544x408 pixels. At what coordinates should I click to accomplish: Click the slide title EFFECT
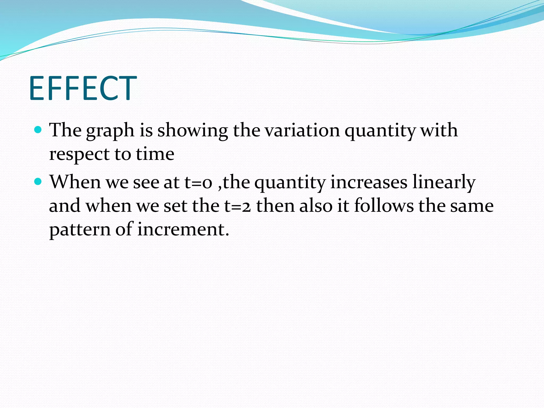(x=83, y=88)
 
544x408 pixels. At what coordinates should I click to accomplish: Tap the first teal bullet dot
(x=38, y=130)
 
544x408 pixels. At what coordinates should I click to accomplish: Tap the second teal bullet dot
(x=38, y=182)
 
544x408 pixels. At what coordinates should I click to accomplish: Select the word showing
(x=193, y=131)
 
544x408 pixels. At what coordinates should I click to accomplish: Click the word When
(x=75, y=182)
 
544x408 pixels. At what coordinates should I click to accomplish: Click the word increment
(x=183, y=229)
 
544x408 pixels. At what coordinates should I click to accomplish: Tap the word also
(x=316, y=206)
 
